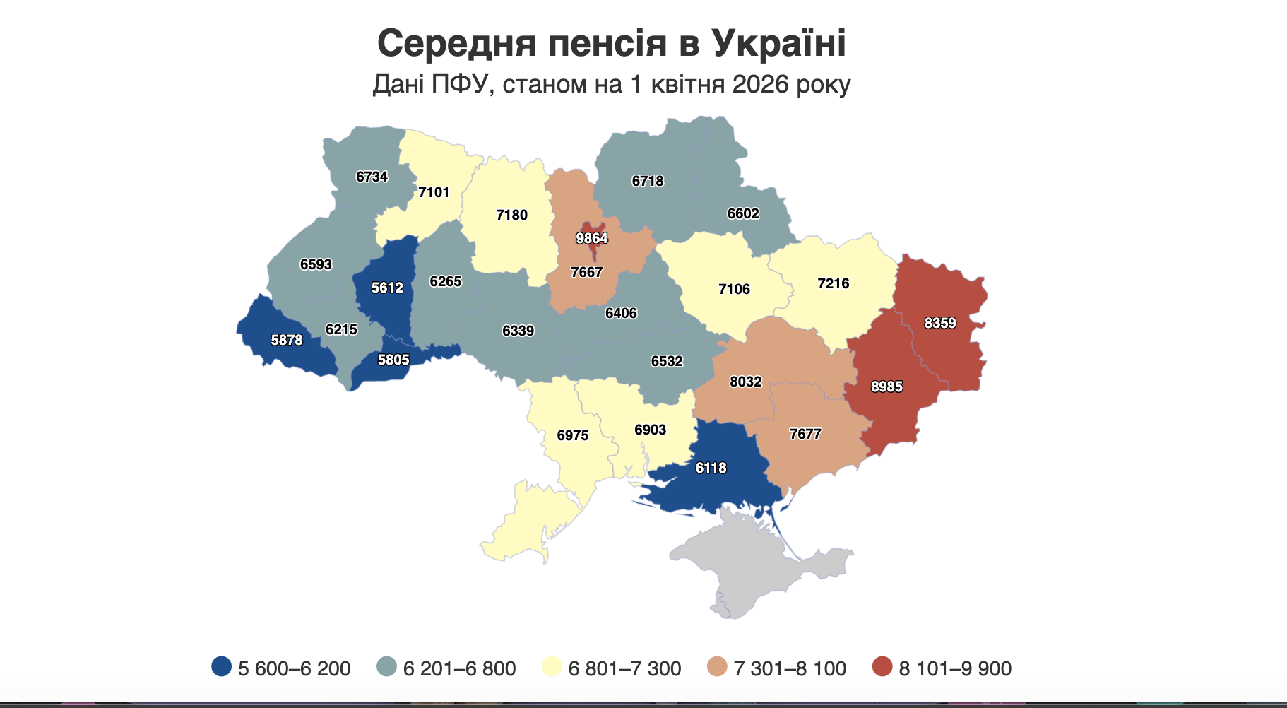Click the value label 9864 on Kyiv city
pyautogui.click(x=591, y=238)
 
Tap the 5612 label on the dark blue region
pyautogui.click(x=387, y=288)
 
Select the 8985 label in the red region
pyautogui.click(x=886, y=387)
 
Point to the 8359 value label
pyautogui.click(x=940, y=323)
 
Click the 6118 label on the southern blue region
pyautogui.click(x=711, y=468)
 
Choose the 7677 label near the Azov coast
pyautogui.click(x=805, y=434)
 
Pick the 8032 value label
pyautogui.click(x=746, y=382)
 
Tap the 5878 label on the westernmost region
pyautogui.click(x=287, y=340)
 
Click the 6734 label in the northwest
pyautogui.click(x=372, y=177)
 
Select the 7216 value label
pyautogui.click(x=834, y=283)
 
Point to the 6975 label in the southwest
pyautogui.click(x=572, y=435)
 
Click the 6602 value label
pyautogui.click(x=743, y=213)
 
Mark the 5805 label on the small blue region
pyautogui.click(x=393, y=360)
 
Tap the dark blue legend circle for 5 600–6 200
pyautogui.click(x=221, y=666)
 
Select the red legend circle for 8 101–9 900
pyautogui.click(x=882, y=666)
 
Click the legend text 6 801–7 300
pyautogui.click(x=624, y=668)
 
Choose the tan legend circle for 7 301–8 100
pyautogui.click(x=717, y=666)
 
